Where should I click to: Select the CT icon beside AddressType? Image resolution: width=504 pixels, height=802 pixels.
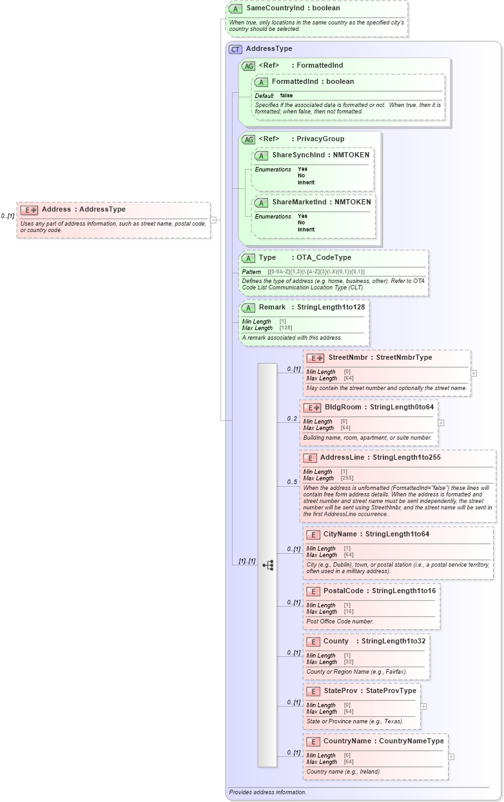coord(235,49)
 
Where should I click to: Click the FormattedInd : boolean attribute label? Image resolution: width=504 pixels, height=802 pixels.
coord(313,82)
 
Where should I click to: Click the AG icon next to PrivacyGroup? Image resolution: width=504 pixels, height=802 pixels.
coord(248,139)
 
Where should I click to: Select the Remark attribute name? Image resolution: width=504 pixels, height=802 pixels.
coord(272,308)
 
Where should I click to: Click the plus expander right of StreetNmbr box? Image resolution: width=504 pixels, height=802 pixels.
coord(474,373)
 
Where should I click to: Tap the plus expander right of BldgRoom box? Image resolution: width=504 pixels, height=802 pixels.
coord(441,423)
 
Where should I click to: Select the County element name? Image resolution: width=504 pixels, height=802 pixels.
coord(336,641)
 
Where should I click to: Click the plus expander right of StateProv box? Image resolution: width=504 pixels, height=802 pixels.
coord(423,706)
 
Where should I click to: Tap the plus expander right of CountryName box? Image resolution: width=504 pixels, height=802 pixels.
coord(451,757)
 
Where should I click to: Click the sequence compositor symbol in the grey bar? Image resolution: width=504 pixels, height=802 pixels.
coord(267,565)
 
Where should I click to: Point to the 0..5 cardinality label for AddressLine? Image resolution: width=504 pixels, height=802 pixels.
coord(292,482)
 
